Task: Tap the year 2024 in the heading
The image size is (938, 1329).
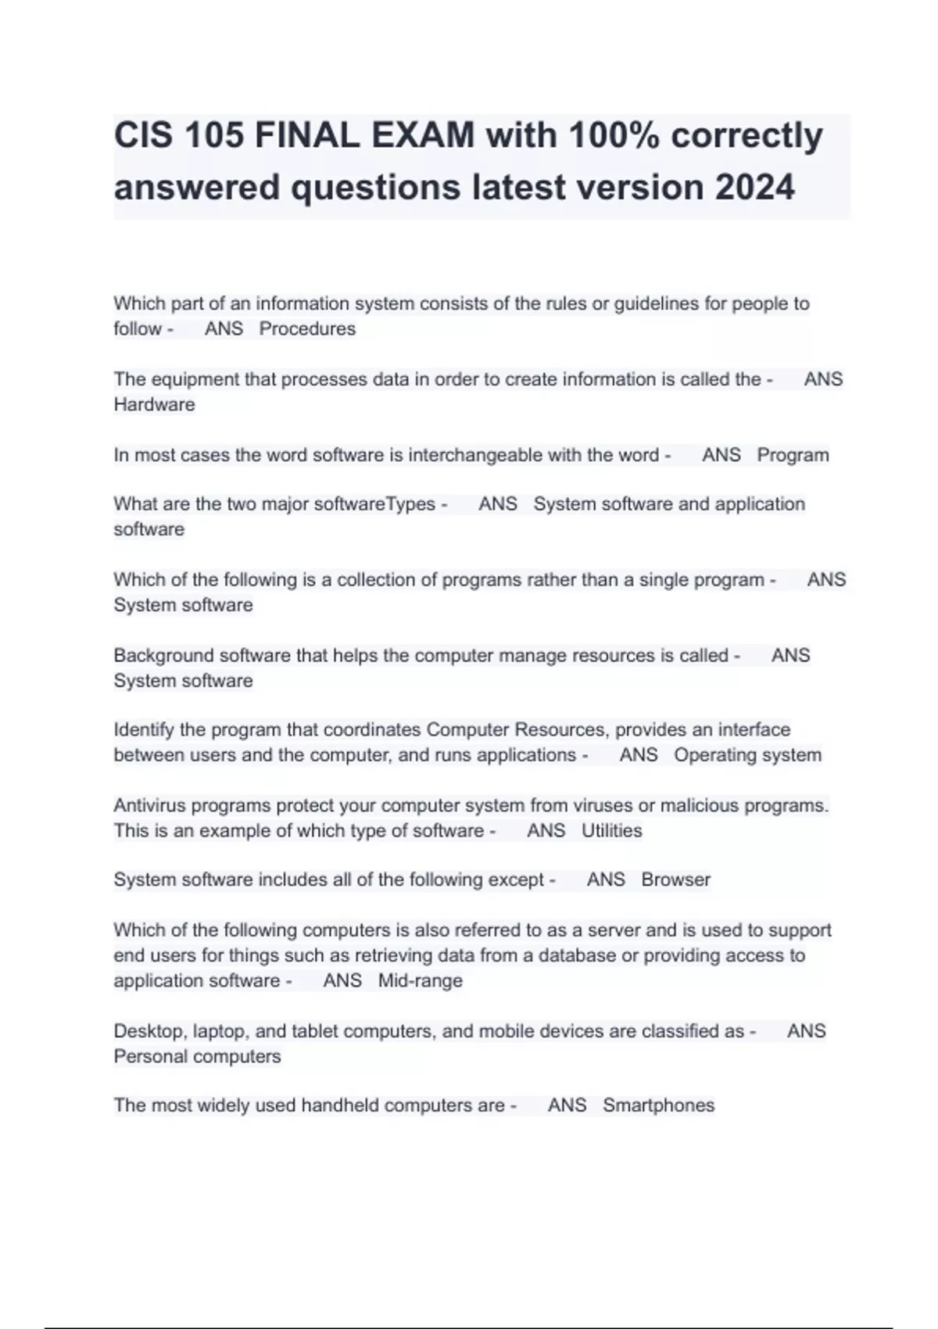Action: pyautogui.click(x=754, y=188)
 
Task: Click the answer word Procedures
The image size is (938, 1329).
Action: pyautogui.click(x=307, y=329)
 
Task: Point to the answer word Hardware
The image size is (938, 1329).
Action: pyautogui.click(x=154, y=405)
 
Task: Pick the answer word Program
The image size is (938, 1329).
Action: pyautogui.click(x=793, y=455)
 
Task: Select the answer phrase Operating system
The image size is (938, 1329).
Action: pyautogui.click(x=747, y=755)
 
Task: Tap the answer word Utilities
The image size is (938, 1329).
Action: pyautogui.click(x=611, y=831)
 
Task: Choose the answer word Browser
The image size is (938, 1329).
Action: pyautogui.click(x=675, y=880)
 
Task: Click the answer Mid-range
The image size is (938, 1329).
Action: pyautogui.click(x=420, y=981)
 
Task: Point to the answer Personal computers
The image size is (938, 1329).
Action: pyautogui.click(x=197, y=1057)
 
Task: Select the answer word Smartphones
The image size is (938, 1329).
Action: pyautogui.click(x=658, y=1105)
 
